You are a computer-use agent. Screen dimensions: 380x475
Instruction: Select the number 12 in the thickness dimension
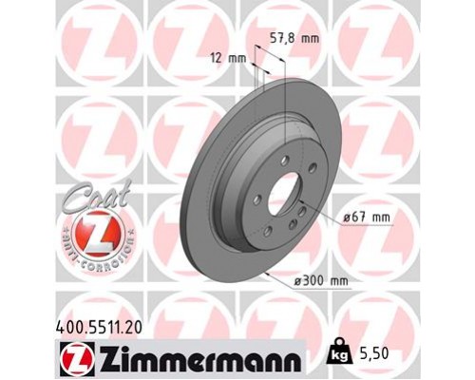point(217,59)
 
